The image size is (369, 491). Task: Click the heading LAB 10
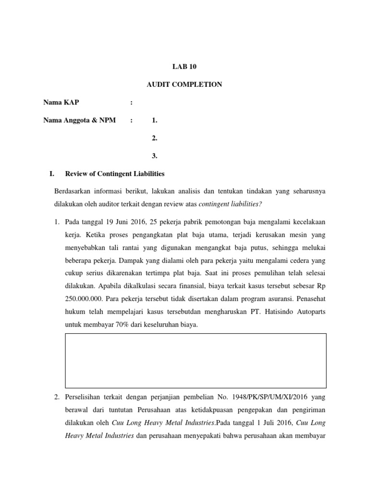click(x=184, y=67)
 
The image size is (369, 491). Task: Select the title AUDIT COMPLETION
click(x=184, y=84)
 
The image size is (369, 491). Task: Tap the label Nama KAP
click(x=61, y=103)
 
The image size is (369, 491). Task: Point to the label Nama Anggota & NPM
click(x=79, y=120)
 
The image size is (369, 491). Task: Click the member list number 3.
click(x=154, y=156)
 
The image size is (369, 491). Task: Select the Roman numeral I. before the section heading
click(x=47, y=174)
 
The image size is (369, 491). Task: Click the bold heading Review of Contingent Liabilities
click(x=115, y=174)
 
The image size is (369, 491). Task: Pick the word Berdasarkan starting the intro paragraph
click(x=74, y=191)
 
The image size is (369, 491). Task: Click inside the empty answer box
click(x=196, y=361)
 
